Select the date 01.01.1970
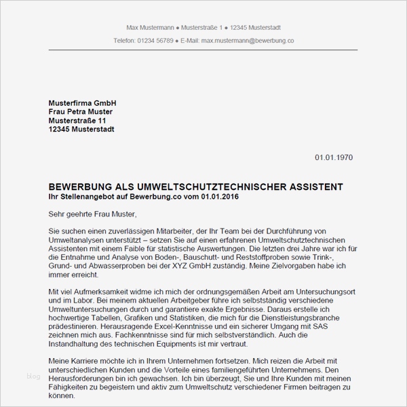click(x=333, y=157)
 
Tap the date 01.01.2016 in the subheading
click(x=219, y=196)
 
